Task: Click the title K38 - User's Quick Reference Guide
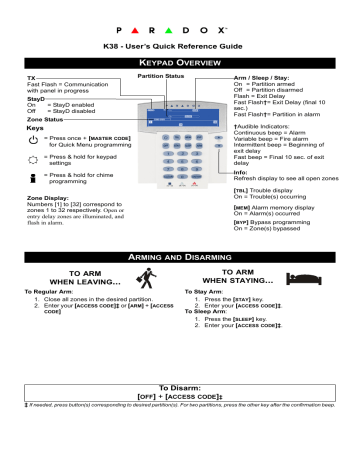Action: [181, 47]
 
